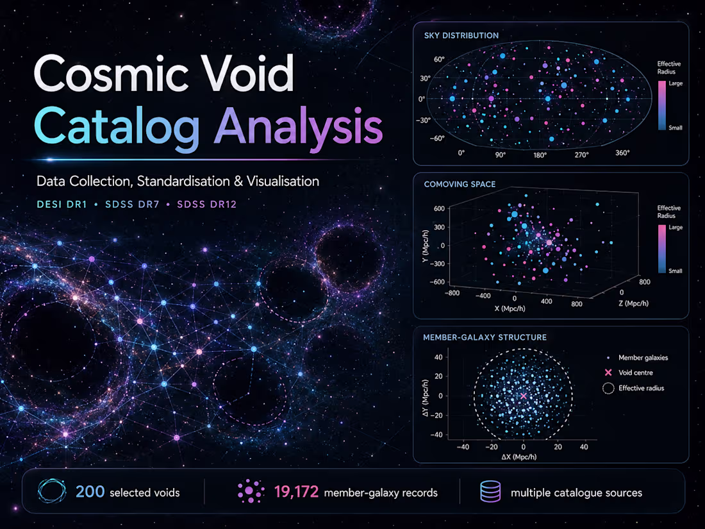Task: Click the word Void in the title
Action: click(247, 74)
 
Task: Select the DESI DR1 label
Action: click(62, 204)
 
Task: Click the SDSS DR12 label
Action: click(207, 204)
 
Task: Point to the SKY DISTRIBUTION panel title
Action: click(461, 35)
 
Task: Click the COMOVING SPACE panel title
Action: click(460, 184)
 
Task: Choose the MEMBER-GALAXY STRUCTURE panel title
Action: click(485, 337)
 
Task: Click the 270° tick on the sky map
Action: click(581, 155)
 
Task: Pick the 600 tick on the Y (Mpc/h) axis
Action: click(439, 208)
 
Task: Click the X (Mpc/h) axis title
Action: click(510, 308)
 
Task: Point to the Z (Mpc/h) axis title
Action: click(633, 303)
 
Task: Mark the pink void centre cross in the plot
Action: click(524, 396)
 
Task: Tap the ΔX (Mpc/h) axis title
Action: click(519, 457)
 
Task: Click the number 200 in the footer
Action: click(90, 492)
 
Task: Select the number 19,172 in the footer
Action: click(296, 492)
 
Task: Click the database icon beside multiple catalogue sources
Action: click(490, 491)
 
